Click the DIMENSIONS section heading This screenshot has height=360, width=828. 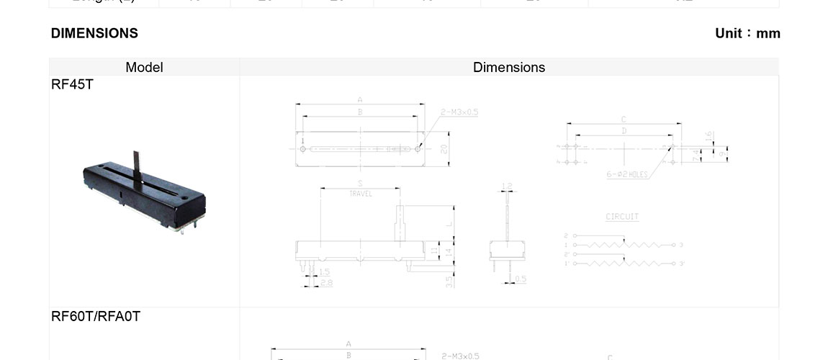pyautogui.click(x=94, y=33)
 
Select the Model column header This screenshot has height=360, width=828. pyautogui.click(x=144, y=67)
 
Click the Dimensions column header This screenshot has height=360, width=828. pyautogui.click(x=509, y=67)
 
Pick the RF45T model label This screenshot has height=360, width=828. pyautogui.click(x=72, y=84)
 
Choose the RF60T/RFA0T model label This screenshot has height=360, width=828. pyautogui.click(x=96, y=316)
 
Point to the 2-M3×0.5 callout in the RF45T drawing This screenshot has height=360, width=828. pyautogui.click(x=459, y=112)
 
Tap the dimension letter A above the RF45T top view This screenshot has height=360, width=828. pyautogui.click(x=359, y=100)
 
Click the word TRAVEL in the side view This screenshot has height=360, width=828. pyautogui.click(x=360, y=194)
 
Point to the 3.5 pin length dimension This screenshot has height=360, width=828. pyautogui.click(x=449, y=282)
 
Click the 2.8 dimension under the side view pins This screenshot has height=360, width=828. pyautogui.click(x=326, y=283)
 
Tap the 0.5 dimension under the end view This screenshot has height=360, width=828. pyautogui.click(x=521, y=279)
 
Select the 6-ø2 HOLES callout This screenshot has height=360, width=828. pyautogui.click(x=627, y=175)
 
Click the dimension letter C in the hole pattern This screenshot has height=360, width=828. pyautogui.click(x=624, y=120)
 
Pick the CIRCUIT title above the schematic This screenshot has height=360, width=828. pyautogui.click(x=622, y=217)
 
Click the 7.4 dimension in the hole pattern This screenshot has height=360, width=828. pyautogui.click(x=695, y=154)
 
